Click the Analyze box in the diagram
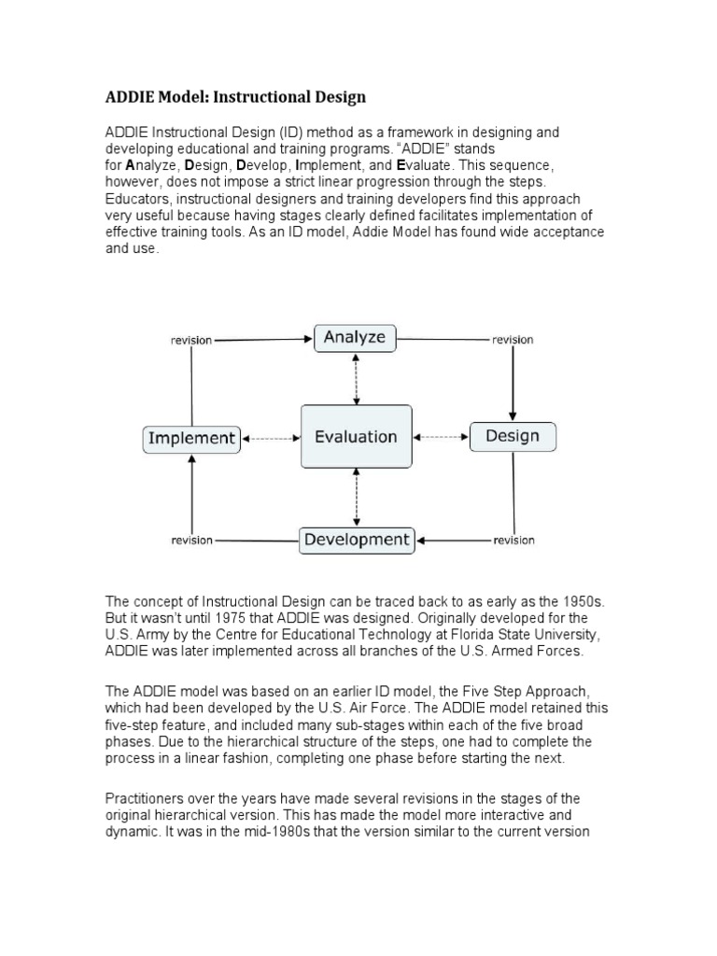tap(355, 338)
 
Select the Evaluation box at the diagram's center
tap(356, 436)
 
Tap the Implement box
tap(191, 438)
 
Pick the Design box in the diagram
tap(513, 436)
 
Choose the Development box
tap(357, 540)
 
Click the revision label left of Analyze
tap(191, 340)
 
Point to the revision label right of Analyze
tap(513, 340)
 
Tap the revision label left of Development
tap(191, 541)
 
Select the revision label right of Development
tap(513, 541)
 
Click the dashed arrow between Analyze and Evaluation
tap(356, 379)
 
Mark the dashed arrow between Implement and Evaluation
tap(271, 437)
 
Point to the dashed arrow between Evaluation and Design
tap(441, 436)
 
